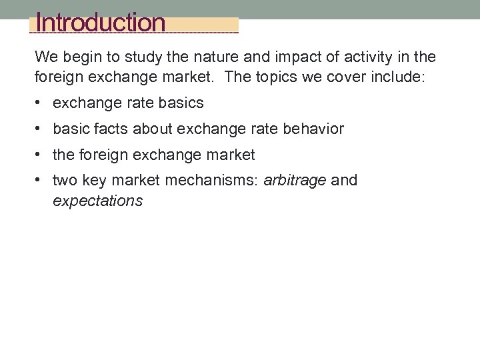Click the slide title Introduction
(101, 23)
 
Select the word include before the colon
(397, 77)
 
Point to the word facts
(111, 129)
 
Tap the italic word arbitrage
(295, 180)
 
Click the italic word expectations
(97, 201)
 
